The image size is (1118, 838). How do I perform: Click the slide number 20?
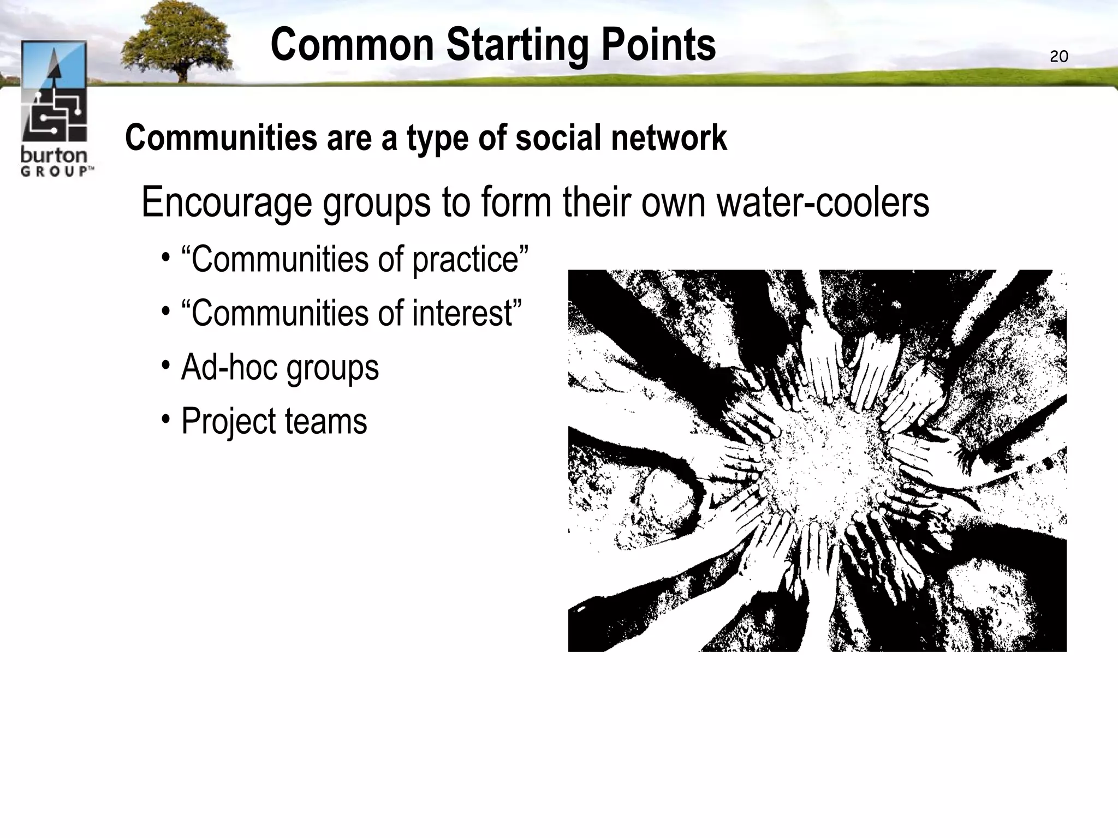point(1058,57)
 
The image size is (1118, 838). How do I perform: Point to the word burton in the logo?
point(53,155)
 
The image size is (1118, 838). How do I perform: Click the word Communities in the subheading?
point(221,137)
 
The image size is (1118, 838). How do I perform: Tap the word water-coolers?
point(823,202)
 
